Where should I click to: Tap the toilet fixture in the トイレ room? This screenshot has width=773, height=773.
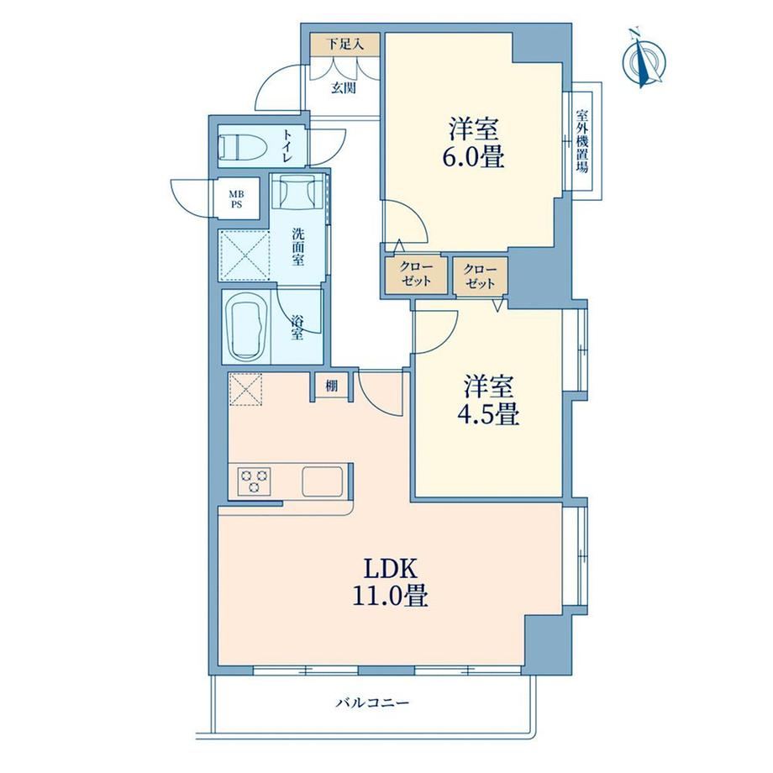pyautogui.click(x=242, y=146)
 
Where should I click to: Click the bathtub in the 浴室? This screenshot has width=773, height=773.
pyautogui.click(x=246, y=329)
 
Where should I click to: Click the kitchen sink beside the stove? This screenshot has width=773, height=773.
pyautogui.click(x=323, y=481)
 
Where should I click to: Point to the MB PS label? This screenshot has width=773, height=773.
pyautogui.click(x=237, y=200)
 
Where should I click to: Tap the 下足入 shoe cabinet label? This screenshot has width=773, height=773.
pyautogui.click(x=345, y=45)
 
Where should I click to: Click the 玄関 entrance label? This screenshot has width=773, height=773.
pyautogui.click(x=344, y=88)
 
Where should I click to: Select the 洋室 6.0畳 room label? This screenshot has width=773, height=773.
pyautogui.click(x=474, y=143)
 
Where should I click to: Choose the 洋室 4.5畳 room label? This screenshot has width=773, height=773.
pyautogui.click(x=488, y=400)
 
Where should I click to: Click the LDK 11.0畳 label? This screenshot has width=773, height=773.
pyautogui.click(x=390, y=582)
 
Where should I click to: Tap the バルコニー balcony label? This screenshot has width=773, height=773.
pyautogui.click(x=372, y=702)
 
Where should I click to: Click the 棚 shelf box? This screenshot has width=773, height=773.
pyautogui.click(x=332, y=386)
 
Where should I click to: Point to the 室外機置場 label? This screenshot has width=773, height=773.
pyautogui.click(x=582, y=141)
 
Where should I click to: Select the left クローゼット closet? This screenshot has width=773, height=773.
pyautogui.click(x=416, y=274)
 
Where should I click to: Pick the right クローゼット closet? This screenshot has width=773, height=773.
pyautogui.click(x=480, y=276)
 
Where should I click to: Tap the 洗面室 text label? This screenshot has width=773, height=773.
pyautogui.click(x=297, y=246)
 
